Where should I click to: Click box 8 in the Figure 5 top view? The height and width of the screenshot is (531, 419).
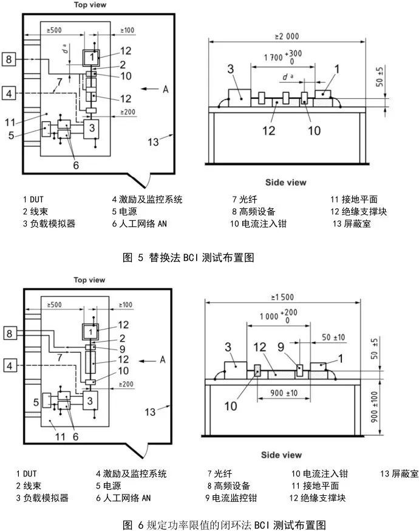click(x=9, y=59)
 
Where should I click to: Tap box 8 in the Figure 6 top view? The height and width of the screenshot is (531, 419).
click(x=9, y=333)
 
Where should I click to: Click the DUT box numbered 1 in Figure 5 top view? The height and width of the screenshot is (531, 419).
click(x=90, y=57)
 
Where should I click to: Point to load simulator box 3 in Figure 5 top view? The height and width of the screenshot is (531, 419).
click(x=91, y=127)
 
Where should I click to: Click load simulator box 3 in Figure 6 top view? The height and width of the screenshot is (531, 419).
click(x=90, y=401)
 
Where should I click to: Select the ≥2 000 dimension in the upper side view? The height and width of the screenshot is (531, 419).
click(x=287, y=36)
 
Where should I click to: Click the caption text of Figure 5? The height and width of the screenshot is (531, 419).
click(x=187, y=257)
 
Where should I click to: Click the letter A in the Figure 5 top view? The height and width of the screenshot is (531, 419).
click(x=165, y=89)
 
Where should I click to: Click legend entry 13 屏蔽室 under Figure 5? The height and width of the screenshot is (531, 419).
click(x=352, y=224)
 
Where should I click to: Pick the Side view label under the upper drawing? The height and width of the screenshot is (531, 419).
click(x=285, y=182)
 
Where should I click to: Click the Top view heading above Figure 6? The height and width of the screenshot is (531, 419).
click(x=89, y=280)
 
